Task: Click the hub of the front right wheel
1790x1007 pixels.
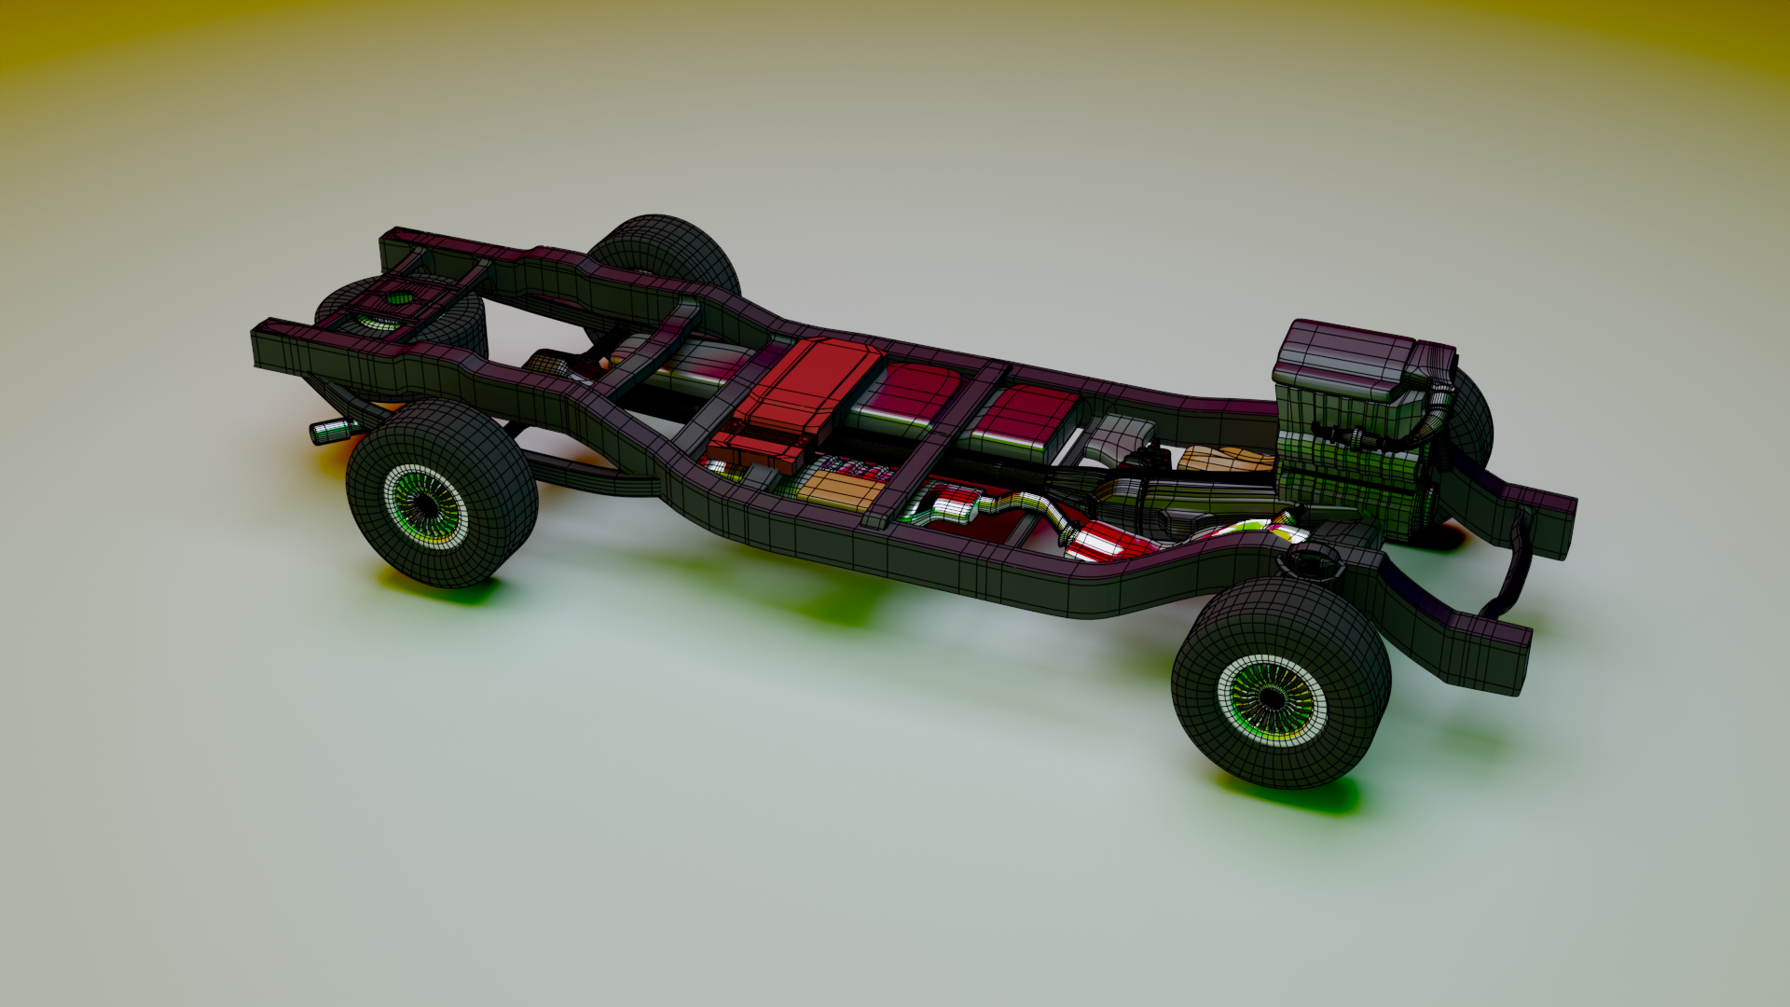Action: tap(1270, 697)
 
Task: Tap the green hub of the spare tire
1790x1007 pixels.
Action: tap(399, 299)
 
